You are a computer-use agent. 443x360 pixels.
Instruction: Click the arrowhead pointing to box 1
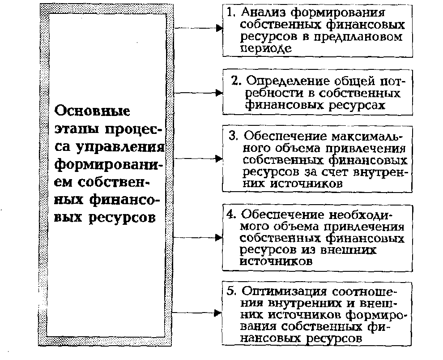click(219, 28)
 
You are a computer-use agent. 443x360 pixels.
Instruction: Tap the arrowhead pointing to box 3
click(219, 159)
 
